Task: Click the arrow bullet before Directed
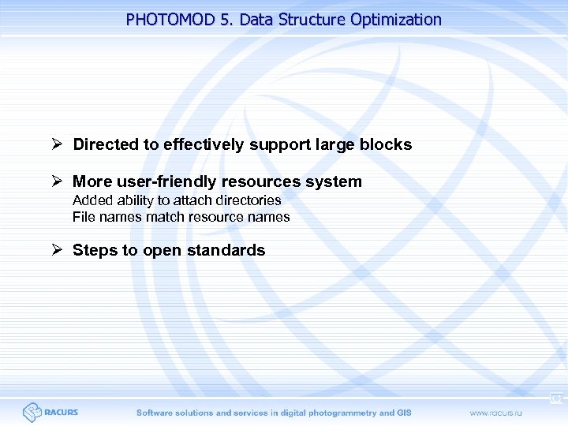pos(56,144)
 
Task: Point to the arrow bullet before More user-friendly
pos(56,181)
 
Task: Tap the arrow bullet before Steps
pos(56,250)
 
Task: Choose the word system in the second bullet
pos(334,181)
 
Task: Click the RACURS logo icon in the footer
pos(32,412)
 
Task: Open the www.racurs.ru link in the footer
pos(498,413)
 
